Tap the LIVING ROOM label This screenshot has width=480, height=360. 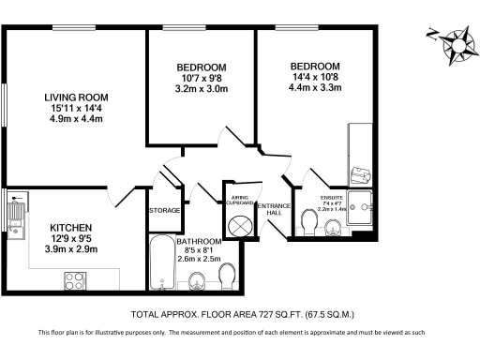point(76,97)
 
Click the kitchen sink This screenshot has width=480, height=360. point(17,215)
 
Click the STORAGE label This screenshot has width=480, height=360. point(164,211)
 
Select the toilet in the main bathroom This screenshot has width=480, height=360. point(226,277)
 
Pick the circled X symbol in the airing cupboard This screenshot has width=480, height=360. point(239,225)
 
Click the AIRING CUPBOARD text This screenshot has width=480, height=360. point(238,201)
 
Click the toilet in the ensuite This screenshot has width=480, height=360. point(308,220)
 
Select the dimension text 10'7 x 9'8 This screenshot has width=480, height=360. point(202,79)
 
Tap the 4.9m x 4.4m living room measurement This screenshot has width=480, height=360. point(76,119)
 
